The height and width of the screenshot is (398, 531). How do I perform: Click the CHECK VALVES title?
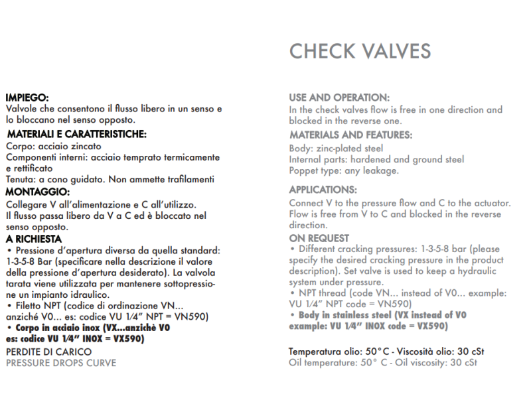360,51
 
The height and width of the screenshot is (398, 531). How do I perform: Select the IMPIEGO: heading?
28,97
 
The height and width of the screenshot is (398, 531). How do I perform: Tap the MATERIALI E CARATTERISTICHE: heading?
76,134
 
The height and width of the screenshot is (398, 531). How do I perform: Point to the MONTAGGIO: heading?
37,192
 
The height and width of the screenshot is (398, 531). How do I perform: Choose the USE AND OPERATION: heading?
339,98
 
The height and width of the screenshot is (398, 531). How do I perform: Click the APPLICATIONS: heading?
323,190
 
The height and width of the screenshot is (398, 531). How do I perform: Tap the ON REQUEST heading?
319,238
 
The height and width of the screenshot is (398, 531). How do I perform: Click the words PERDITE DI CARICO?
48,352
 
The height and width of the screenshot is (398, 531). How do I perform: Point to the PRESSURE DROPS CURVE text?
61,363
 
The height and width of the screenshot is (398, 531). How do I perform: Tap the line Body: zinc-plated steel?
336,148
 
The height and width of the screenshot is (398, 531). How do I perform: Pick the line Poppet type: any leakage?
343,170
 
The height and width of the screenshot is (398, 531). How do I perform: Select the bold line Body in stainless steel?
382,315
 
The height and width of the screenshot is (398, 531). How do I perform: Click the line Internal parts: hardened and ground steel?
376,159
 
